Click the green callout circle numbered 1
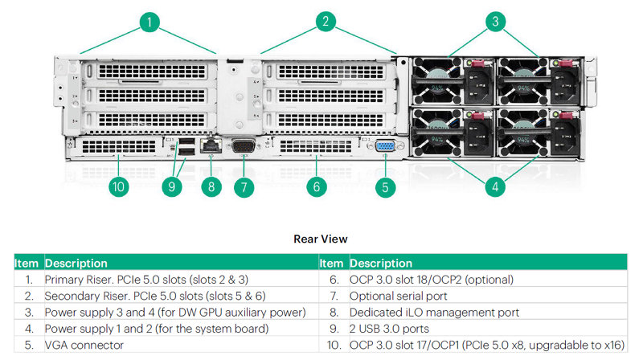pyautogui.click(x=149, y=22)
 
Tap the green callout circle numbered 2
pyautogui.click(x=326, y=22)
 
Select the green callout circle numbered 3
pyautogui.click(x=496, y=22)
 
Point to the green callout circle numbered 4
pyautogui.click(x=496, y=186)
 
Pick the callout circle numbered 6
pyautogui.click(x=317, y=186)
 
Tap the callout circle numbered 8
pyautogui.click(x=211, y=186)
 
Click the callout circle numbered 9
pyautogui.click(x=170, y=186)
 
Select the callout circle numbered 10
pyautogui.click(x=119, y=186)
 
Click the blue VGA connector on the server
pyautogui.click(x=384, y=146)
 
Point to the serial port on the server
pyautogui.click(x=244, y=146)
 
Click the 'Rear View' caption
pyautogui.click(x=321, y=239)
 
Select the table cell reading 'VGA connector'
pyautogui.click(x=84, y=345)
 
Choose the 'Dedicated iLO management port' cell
pyautogui.click(x=434, y=312)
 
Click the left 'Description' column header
pyautogui.click(x=76, y=263)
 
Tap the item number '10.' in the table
pyautogui.click(x=333, y=345)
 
